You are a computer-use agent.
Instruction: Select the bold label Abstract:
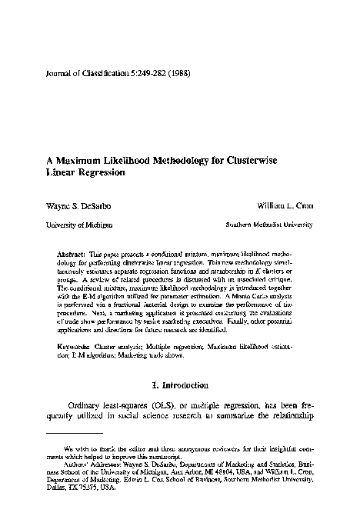(x=72, y=253)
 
